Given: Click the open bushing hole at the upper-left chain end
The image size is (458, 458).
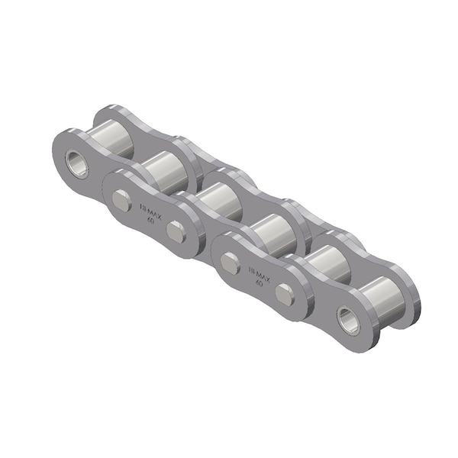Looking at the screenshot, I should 77,162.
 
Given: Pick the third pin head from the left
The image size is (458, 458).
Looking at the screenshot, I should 231,263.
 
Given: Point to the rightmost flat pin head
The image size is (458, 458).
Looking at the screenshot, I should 285,295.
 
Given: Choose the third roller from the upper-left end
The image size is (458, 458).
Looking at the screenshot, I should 216,200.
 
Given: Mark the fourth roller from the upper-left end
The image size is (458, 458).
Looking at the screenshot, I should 269,230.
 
